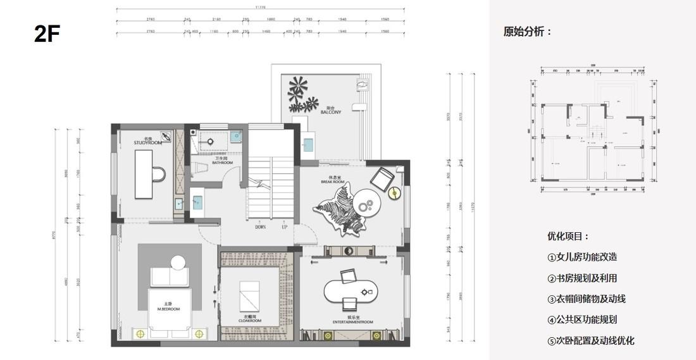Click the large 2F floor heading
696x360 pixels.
click(47, 34)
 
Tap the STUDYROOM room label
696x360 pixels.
click(148, 142)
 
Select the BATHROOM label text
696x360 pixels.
click(222, 162)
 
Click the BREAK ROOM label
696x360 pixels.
click(333, 181)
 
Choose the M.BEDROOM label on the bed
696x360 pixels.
click(169, 309)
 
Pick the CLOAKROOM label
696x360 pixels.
click(250, 320)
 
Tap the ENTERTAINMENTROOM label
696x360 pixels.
click(352, 321)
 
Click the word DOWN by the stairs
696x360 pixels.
click(261, 227)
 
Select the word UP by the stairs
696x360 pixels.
click(284, 227)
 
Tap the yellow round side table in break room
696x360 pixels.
click(394, 193)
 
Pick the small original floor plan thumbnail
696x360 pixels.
click(593, 129)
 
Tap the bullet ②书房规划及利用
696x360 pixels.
click(582, 278)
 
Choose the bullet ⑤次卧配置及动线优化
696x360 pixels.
click(591, 340)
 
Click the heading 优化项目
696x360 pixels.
click(568, 236)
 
